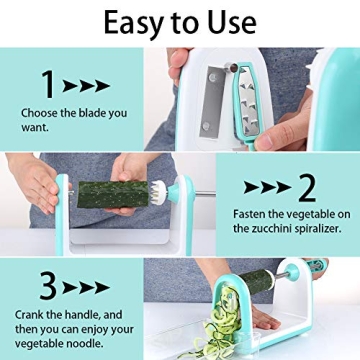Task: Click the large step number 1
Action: coord(47,84)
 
